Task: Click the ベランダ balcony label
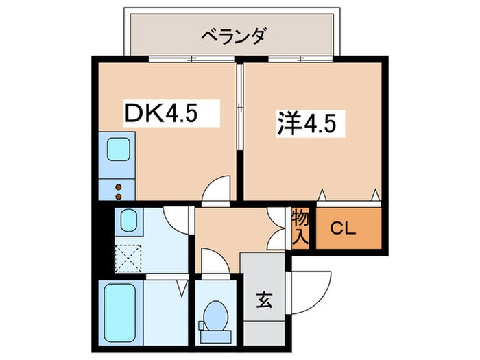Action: (233, 34)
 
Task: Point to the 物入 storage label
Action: (301, 228)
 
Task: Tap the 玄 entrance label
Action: (262, 300)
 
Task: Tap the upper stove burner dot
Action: (118, 185)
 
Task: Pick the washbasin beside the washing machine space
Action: (128, 221)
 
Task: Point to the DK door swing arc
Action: (217, 188)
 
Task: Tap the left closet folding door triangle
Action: (322, 194)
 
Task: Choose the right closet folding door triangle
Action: (374, 194)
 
